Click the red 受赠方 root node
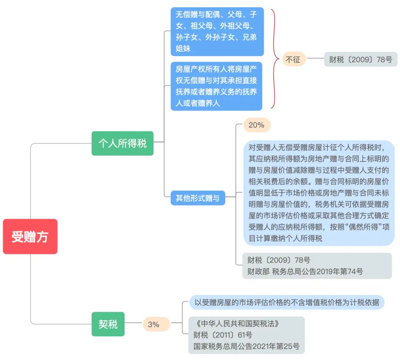coord(30,236)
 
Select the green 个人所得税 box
coord(123,144)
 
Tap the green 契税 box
coord(108,324)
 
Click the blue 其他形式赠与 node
coord(198,198)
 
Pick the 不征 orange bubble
coord(293,59)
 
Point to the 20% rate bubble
coord(257,125)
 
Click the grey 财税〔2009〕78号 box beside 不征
coord(360,59)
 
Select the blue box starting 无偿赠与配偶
coord(217,31)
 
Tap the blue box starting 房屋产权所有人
coord(216,86)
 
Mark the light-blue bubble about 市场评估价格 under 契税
coord(287,302)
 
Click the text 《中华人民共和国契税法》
coord(236,324)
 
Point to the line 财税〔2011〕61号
coord(223,335)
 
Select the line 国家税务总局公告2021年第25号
coord(246,346)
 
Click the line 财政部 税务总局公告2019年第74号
coord(305,271)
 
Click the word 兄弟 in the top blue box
coord(249,37)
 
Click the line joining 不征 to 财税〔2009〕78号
coord(315,58)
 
